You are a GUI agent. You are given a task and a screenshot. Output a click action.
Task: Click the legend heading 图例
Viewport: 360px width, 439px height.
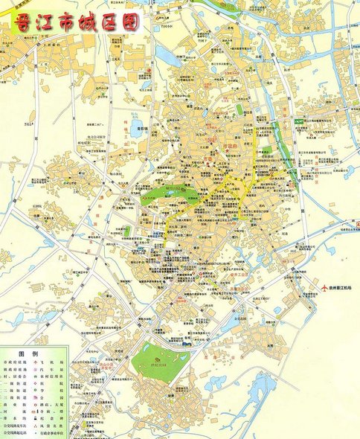pos(28,353)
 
